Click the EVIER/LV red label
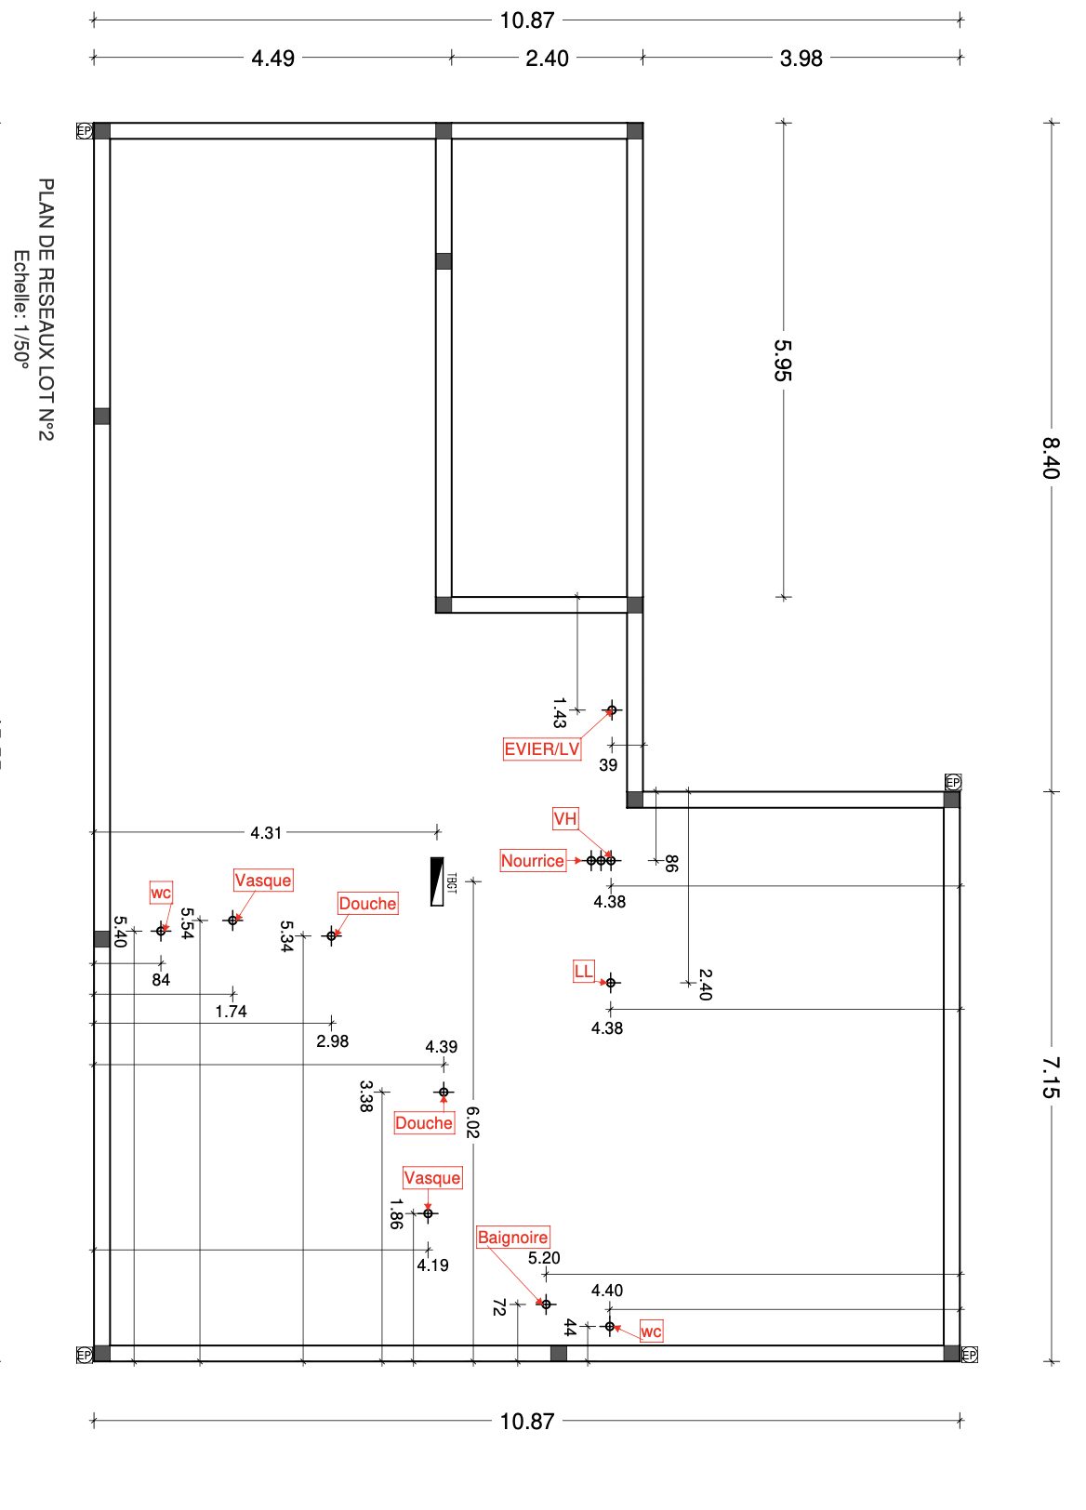click(x=542, y=749)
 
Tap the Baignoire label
click(x=512, y=1238)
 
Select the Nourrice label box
click(x=533, y=861)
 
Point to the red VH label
click(x=565, y=819)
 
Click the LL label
click(x=583, y=973)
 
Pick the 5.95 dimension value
click(x=783, y=360)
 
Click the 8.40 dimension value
click(x=1051, y=457)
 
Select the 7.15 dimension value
click(x=1051, y=1077)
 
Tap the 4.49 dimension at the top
click(x=273, y=59)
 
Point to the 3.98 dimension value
click(x=801, y=59)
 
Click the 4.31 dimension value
click(x=266, y=833)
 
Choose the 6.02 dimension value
click(x=472, y=1122)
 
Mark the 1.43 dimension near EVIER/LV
click(x=559, y=713)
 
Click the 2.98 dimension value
click(x=332, y=1041)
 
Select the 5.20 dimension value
click(x=544, y=1259)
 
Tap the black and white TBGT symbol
click(x=437, y=881)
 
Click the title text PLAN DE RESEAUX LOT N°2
click(x=46, y=310)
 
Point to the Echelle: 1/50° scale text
click(x=20, y=310)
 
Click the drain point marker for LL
click(x=611, y=983)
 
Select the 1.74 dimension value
click(x=231, y=1012)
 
